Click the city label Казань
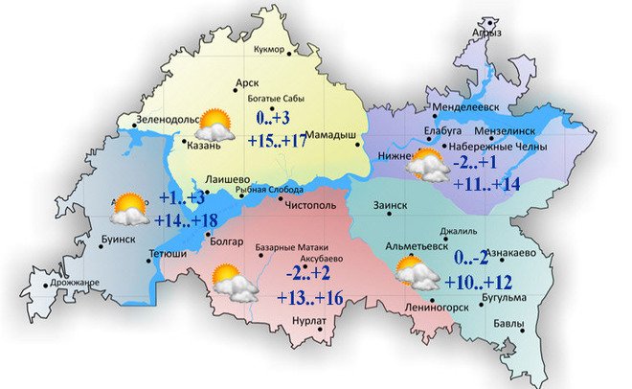tap(204, 147)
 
